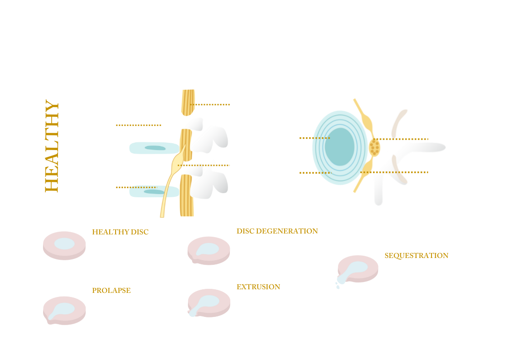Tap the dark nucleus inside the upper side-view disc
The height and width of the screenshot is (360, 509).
point(155,148)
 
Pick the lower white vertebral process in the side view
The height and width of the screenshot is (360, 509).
point(211,181)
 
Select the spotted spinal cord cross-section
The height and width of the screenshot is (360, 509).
point(374,146)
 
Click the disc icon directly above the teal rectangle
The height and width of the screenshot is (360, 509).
point(209,249)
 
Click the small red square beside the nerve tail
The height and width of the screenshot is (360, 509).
point(172,211)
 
